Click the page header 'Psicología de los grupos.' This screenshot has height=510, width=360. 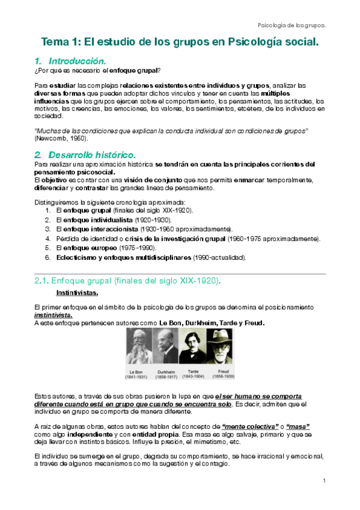tap(291, 25)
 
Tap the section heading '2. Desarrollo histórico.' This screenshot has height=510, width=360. tap(85, 154)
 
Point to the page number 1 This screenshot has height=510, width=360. tap(323, 481)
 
